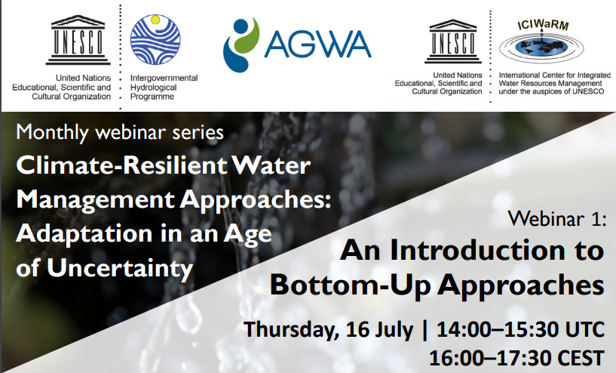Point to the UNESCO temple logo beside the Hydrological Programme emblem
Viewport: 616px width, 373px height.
click(76, 39)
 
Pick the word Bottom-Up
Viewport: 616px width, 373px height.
click(345, 285)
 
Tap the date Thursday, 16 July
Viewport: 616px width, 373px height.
click(329, 330)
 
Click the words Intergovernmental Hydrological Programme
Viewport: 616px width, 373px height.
click(164, 87)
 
